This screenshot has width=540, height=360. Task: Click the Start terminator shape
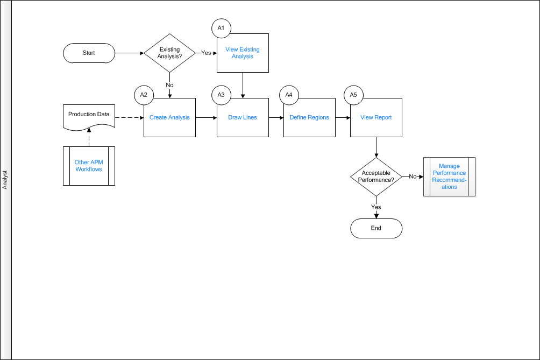pos(89,53)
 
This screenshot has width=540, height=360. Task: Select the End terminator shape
pos(376,228)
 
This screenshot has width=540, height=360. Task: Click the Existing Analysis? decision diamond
pos(169,53)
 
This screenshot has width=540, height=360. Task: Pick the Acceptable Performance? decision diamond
pos(376,177)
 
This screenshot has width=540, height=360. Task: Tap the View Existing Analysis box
pos(243,53)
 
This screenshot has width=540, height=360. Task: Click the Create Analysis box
pos(169,117)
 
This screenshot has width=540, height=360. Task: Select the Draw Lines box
pos(243,117)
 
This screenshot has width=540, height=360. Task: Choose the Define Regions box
pos(309,117)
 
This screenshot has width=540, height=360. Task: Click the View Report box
pos(376,117)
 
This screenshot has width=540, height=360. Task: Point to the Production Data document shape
pos(89,117)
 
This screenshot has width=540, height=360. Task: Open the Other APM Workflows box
pos(89,166)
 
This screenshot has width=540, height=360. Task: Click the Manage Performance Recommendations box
pos(450,177)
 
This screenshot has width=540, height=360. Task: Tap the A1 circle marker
pos(221,28)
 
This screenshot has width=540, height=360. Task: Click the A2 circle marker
pos(144,95)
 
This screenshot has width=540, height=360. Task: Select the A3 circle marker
pos(221,95)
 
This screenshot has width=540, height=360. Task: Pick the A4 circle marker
pos(289,95)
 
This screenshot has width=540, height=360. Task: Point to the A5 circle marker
pos(354,95)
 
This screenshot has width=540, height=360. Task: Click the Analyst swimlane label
pos(5,180)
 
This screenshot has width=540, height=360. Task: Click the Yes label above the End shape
pos(376,207)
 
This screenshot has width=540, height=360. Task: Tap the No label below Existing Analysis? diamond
pos(169,85)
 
